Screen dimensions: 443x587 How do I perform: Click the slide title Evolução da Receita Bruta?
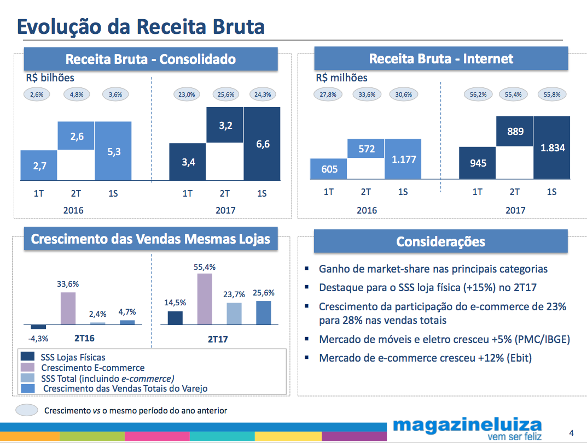tap(141, 27)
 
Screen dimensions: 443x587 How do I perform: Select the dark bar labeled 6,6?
tap(261, 144)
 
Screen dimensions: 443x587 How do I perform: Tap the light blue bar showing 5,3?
tap(113, 151)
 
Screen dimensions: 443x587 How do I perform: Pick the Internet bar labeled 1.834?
tap(551, 147)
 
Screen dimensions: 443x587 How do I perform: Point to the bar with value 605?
tap(329, 169)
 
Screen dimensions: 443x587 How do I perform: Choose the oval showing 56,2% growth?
tap(478, 94)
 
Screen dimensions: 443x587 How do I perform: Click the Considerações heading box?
tap(440, 241)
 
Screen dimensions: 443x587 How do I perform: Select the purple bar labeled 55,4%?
tap(204, 299)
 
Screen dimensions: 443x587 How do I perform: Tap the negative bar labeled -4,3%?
tap(38, 327)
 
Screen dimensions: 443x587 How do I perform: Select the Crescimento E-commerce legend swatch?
tap(27, 368)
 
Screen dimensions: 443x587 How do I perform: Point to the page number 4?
tap(571, 433)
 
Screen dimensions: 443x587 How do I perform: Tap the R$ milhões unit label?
tap(341, 78)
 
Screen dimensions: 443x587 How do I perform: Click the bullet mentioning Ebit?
tap(425, 358)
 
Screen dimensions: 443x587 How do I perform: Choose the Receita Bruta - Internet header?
tap(441, 59)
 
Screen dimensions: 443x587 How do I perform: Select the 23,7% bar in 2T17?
tap(234, 314)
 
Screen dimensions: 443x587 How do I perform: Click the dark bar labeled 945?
tap(478, 163)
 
